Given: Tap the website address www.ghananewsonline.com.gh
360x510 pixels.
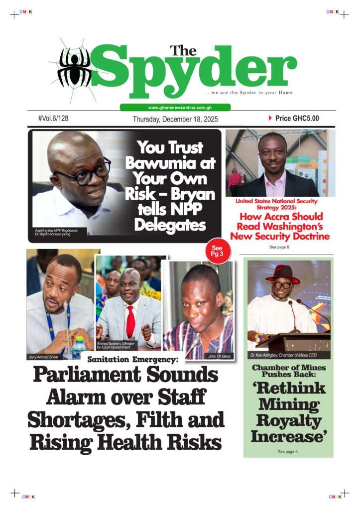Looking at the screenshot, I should pyautogui.click(x=175, y=108).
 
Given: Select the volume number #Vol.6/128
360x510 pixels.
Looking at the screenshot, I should pyautogui.click(x=53, y=119).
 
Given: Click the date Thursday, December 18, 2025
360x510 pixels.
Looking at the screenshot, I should pyautogui.click(x=175, y=120).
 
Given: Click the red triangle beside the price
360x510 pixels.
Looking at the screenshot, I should pyautogui.click(x=270, y=119).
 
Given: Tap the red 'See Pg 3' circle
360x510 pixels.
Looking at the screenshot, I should pyautogui.click(x=217, y=252).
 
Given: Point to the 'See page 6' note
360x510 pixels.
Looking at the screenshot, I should pyautogui.click(x=279, y=247).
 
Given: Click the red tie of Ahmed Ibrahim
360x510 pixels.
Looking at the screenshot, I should pyautogui.click(x=130, y=322).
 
